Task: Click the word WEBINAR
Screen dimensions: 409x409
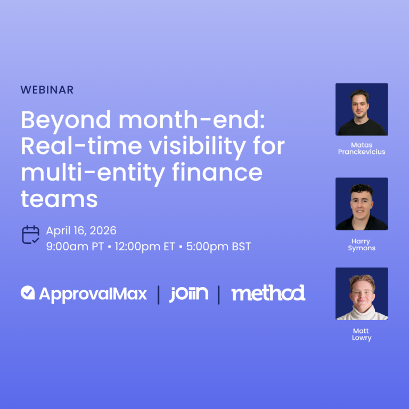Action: coord(47,89)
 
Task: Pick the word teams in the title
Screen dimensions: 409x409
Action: coord(59,198)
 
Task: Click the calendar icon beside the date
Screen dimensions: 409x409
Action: coord(30,235)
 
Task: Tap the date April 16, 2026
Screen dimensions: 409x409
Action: coord(81,231)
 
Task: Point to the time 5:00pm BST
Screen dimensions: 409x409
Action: coord(218,247)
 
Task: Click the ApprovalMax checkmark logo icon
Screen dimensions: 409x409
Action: coord(28,293)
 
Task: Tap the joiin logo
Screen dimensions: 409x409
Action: coord(189,293)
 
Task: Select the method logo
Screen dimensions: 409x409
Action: coord(268,293)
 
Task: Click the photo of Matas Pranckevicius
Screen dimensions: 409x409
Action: coord(362,109)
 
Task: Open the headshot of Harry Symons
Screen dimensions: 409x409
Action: coord(362,204)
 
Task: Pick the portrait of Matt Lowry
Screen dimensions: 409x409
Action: coord(362,293)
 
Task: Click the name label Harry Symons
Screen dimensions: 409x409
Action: coord(362,245)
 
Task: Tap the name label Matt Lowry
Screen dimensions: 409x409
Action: coord(361,334)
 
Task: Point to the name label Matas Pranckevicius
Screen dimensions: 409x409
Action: coord(362,148)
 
